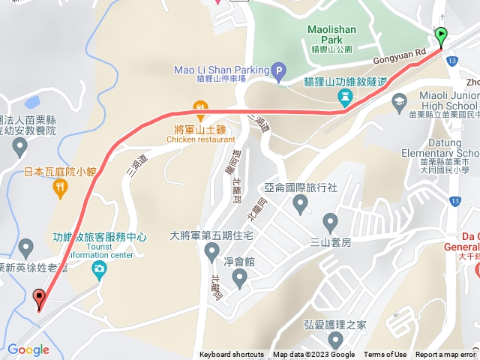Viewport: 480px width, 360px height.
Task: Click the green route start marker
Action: tap(441, 34)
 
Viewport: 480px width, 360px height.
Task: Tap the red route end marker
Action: tap(39, 298)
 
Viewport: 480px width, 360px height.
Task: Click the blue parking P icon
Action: tap(279, 73)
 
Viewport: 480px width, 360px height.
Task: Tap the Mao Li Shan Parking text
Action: tap(221, 70)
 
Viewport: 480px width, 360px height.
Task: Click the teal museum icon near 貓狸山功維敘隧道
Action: tap(344, 97)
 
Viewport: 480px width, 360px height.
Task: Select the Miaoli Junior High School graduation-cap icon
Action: tap(399, 100)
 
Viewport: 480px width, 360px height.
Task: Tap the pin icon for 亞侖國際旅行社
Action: tap(301, 205)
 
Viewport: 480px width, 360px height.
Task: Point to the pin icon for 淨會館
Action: tap(239, 279)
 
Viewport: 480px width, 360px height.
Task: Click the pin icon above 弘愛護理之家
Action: tap(334, 343)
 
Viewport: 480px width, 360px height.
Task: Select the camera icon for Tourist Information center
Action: tap(99, 268)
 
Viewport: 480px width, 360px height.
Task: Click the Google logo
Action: tap(28, 349)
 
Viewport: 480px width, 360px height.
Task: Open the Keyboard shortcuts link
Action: tap(232, 355)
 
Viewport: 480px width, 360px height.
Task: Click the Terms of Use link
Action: tap(385, 355)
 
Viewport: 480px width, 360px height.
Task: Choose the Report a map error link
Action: tap(445, 355)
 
